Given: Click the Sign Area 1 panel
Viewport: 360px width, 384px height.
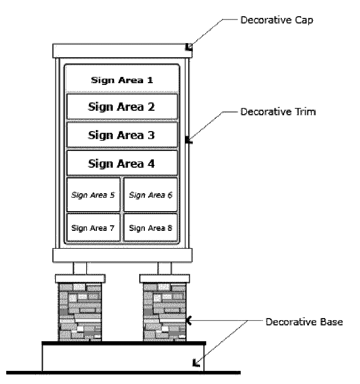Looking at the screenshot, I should point(122,80).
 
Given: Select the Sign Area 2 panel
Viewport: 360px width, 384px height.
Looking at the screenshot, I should point(122,107).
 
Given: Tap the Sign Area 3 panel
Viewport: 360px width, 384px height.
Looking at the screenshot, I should point(122,135).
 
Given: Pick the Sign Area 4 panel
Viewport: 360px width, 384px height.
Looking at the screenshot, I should point(122,163).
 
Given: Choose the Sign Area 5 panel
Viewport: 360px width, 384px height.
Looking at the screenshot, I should point(93,195).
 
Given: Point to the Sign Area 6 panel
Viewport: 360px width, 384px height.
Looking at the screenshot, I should point(151,195).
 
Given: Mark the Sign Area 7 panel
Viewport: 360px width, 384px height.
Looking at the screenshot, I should point(93,228).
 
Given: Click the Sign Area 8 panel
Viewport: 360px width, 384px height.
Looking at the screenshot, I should point(151,228).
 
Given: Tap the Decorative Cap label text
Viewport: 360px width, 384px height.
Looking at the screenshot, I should point(277,20).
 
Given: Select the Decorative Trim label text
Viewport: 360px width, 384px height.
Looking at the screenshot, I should point(278,112).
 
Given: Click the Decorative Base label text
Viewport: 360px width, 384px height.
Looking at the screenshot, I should point(304,322).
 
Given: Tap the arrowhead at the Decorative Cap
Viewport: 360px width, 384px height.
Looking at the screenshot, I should point(189,47).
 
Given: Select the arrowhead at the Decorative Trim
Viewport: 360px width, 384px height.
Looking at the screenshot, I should point(188,140).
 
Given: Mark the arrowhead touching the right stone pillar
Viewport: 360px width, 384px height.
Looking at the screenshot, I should point(188,321).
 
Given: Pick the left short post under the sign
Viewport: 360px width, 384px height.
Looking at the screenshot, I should point(80,268).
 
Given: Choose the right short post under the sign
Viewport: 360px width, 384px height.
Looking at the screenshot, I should point(164,268).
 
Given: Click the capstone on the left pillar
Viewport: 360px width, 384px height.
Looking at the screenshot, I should point(80,278).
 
